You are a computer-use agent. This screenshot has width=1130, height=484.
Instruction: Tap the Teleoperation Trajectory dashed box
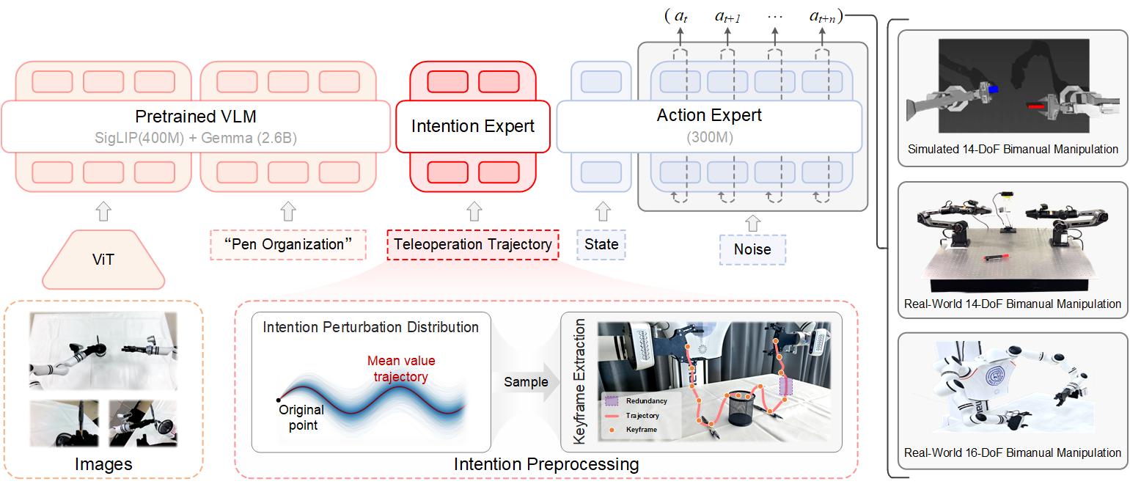tap(473, 244)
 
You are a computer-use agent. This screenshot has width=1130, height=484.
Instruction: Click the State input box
tap(601, 244)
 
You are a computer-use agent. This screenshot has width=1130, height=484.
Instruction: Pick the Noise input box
tap(752, 249)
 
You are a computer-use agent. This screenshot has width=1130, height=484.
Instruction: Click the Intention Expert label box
tap(473, 126)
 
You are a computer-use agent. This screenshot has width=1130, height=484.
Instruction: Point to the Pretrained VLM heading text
tap(196, 116)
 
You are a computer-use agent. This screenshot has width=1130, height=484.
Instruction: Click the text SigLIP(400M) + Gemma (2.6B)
tap(196, 137)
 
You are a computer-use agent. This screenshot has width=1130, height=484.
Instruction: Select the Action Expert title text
tap(710, 115)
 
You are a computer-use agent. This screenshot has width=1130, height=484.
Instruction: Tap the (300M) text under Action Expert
tap(710, 136)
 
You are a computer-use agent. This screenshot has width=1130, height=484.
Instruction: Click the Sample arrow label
tap(525, 381)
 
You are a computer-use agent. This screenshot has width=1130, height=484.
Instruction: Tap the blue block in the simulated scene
tap(994, 88)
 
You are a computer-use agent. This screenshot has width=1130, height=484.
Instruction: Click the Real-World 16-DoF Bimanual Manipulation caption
tap(1013, 452)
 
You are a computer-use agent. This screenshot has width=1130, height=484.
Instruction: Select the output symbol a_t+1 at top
tap(727, 17)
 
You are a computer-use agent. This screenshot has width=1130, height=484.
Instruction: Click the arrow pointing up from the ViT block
tap(103, 213)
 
